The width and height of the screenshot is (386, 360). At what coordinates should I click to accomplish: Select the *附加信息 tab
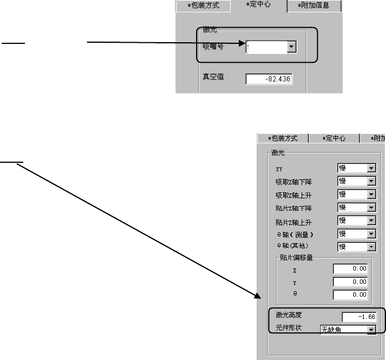pyautogui.click(x=314, y=6)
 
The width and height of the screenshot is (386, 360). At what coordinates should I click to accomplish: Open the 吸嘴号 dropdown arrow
pyautogui.click(x=291, y=48)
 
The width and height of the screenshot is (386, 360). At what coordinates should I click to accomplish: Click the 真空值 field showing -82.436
pyautogui.click(x=269, y=80)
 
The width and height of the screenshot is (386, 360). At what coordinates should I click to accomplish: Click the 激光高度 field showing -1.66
pyautogui.click(x=359, y=317)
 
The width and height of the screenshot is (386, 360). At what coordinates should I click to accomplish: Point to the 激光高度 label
pyautogui.click(x=289, y=316)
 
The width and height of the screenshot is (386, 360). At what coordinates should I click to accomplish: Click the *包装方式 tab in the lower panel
pyautogui.click(x=283, y=138)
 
